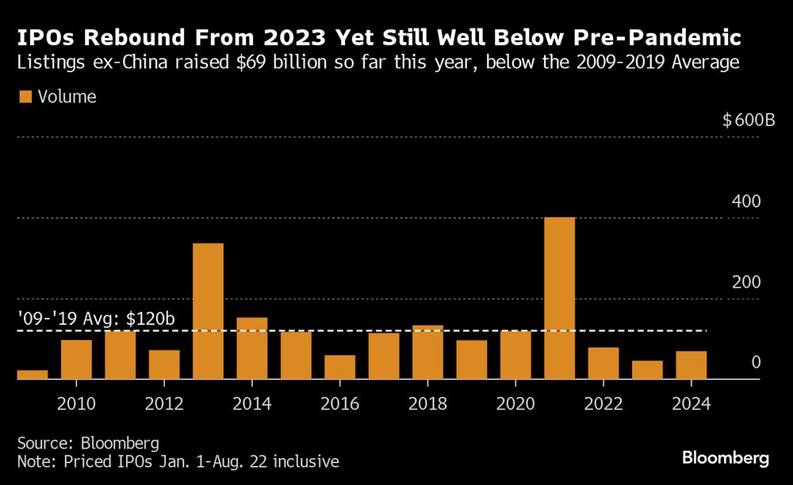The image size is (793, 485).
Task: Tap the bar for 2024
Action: tap(691, 365)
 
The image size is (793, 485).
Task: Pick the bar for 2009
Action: tap(33, 375)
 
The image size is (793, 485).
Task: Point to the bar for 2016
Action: tap(339, 368)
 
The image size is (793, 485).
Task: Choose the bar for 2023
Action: tap(647, 370)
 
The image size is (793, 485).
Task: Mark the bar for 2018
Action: tap(427, 353)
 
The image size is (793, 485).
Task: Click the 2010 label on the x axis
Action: tap(77, 404)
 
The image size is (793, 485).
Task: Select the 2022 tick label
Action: tap(603, 404)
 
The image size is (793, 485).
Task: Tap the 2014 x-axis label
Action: tap(252, 404)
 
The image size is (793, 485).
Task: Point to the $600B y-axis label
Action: tap(748, 121)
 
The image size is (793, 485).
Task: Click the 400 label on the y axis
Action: tap(746, 202)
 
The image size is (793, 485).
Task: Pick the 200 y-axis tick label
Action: tap(746, 283)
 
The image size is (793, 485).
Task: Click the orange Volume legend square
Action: tap(25, 97)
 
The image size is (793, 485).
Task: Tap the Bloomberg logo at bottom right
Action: tap(726, 458)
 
